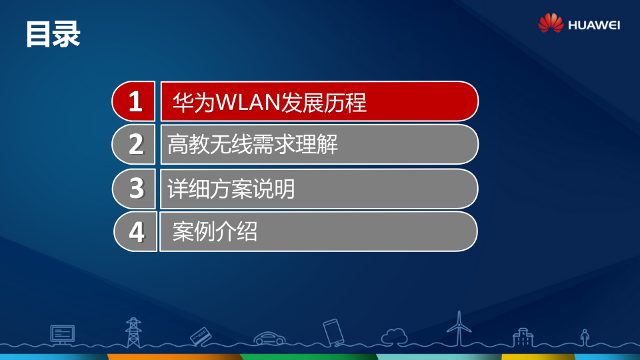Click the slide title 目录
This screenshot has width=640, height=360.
pyautogui.click(x=53, y=34)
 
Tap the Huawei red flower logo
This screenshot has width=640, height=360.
pyautogui.click(x=551, y=23)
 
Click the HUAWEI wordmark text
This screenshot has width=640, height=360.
pyautogui.click(x=594, y=25)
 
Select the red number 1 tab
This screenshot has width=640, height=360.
pyautogui.click(x=135, y=102)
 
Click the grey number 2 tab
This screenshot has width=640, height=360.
pyautogui.click(x=135, y=145)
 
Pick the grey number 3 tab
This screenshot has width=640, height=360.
pyautogui.click(x=136, y=189)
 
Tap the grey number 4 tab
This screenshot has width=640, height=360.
pyautogui.click(x=137, y=232)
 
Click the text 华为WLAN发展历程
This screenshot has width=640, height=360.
pyautogui.click(x=269, y=103)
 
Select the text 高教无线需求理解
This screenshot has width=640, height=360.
pyautogui.click(x=253, y=145)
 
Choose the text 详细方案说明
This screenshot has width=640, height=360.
pyautogui.click(x=231, y=189)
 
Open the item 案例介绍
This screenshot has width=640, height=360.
pyautogui.click(x=215, y=232)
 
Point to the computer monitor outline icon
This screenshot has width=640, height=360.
pyautogui.click(x=62, y=334)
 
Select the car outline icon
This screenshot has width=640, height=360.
pyautogui.click(x=269, y=338)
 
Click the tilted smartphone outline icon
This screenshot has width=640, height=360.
pyautogui.click(x=333, y=331)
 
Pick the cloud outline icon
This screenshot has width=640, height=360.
pyautogui.click(x=394, y=335)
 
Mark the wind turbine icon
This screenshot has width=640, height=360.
pyautogui.click(x=459, y=328)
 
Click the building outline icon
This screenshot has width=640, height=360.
pyautogui.click(x=523, y=337)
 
